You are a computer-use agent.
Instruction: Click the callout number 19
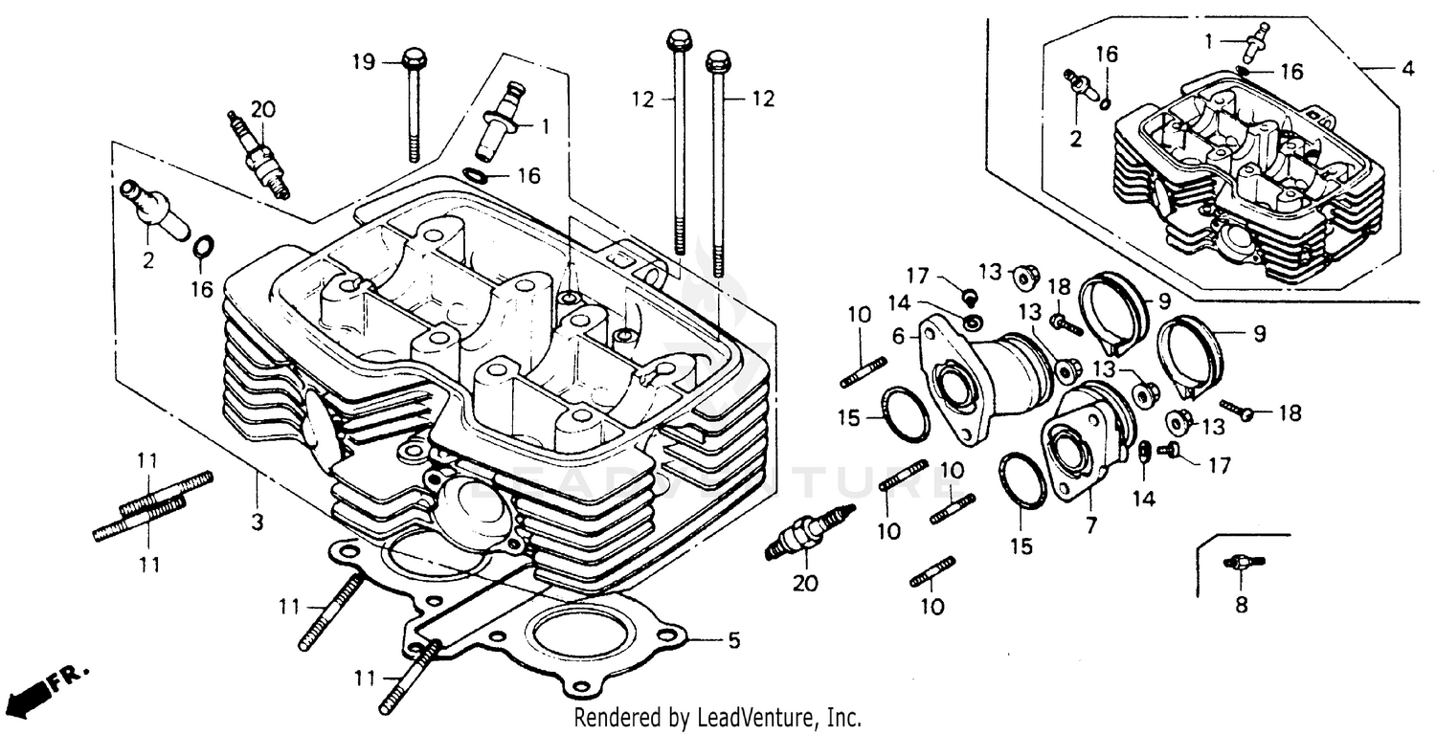coord(363,63)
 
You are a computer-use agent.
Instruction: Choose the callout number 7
coord(1091,525)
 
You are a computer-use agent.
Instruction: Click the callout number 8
coord(1241,604)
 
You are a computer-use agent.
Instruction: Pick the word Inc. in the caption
coord(845,717)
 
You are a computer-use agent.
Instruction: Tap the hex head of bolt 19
coord(415,57)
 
